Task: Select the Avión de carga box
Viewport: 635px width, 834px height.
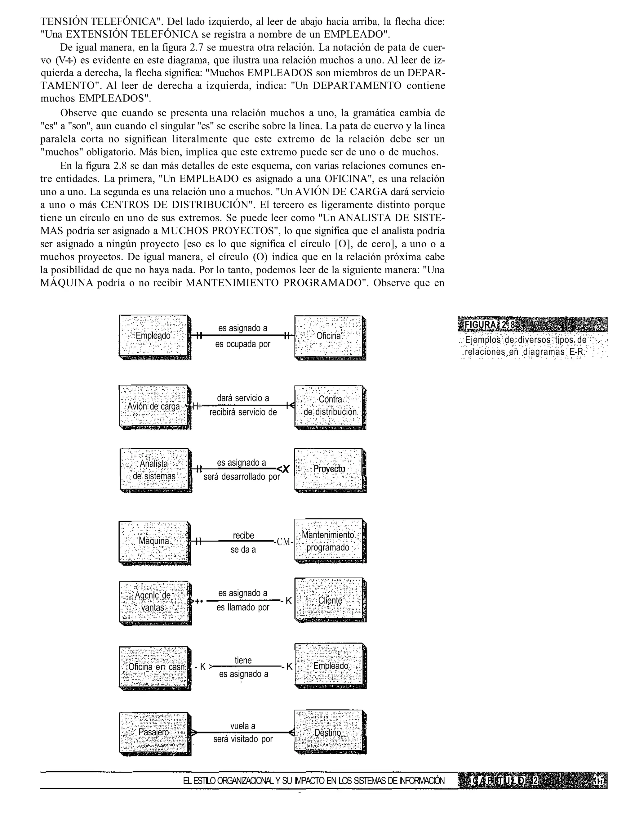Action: coord(153,406)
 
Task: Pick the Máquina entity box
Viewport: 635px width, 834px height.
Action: coord(153,541)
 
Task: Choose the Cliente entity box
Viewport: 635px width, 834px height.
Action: coord(330,601)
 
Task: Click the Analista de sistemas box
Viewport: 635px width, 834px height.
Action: coord(154,470)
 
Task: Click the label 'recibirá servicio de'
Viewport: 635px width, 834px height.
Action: coord(243,412)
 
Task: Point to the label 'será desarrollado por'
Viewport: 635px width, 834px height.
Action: coord(242,477)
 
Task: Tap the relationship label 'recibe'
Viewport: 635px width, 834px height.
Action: coord(243,535)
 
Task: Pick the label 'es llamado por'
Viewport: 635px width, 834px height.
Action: coord(243,608)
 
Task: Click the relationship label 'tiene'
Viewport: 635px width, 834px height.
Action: coord(243,660)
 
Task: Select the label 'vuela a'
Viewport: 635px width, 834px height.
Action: coord(243,726)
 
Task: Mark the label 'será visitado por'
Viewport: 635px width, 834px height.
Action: coord(243,739)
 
